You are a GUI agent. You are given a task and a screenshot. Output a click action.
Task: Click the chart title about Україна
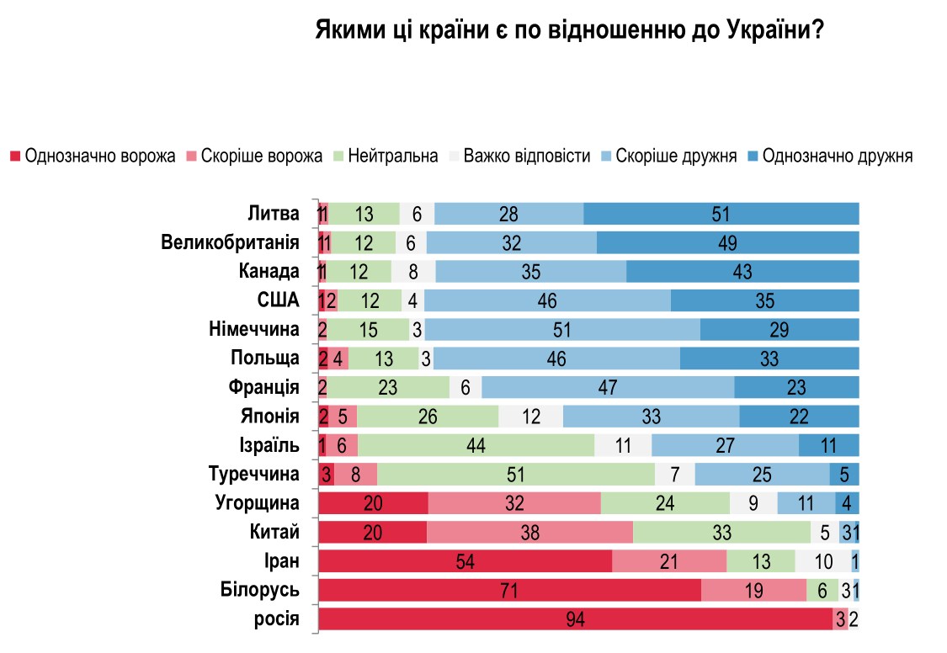pyautogui.click(x=569, y=31)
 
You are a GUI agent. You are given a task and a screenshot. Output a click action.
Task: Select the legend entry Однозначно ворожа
pyautogui.click(x=93, y=157)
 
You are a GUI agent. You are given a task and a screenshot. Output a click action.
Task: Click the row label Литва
pyautogui.click(x=274, y=214)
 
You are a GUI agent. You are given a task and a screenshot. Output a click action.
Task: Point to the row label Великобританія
pyautogui.click(x=231, y=243)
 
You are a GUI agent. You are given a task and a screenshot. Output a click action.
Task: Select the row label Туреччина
pyautogui.click(x=254, y=474)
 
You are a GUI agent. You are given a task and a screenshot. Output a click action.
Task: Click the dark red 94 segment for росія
pyautogui.click(x=575, y=619)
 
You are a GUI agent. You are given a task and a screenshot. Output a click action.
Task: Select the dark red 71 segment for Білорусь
pyautogui.click(x=509, y=591)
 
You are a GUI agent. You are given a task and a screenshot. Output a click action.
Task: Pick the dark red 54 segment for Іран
pyautogui.click(x=465, y=561)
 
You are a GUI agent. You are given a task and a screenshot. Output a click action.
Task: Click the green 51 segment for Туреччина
pyautogui.click(x=516, y=475)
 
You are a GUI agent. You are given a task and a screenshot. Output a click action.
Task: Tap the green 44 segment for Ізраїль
pyautogui.click(x=476, y=446)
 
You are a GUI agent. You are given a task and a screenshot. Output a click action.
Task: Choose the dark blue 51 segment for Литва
pyautogui.click(x=721, y=215)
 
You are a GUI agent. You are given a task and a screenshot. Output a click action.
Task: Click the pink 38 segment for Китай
pyautogui.click(x=529, y=533)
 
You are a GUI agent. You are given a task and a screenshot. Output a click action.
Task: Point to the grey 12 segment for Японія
pyautogui.click(x=530, y=417)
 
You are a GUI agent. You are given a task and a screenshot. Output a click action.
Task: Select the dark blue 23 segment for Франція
pyautogui.click(x=795, y=388)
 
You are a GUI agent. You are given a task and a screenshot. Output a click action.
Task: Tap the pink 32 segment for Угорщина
pyautogui.click(x=513, y=503)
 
